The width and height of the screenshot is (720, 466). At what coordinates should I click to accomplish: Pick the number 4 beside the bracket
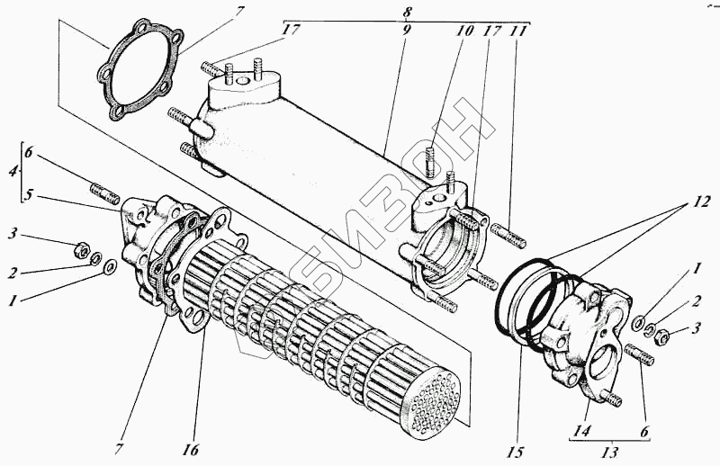[12, 169]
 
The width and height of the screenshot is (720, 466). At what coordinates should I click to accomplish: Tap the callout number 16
[193, 447]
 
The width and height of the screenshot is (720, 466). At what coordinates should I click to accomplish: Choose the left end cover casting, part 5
[144, 243]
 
